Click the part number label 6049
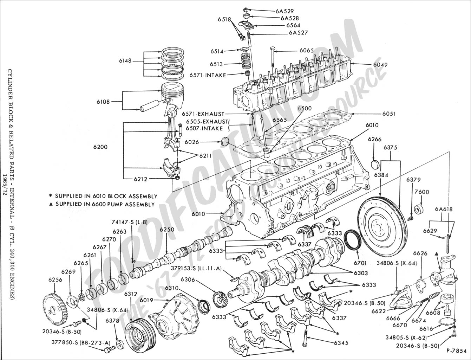click(371, 65)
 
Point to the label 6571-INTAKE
click(208, 75)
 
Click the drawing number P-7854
click(456, 351)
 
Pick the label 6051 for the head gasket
click(389, 114)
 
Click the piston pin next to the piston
click(149, 106)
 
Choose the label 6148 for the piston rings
click(125, 61)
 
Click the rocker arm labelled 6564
click(248, 25)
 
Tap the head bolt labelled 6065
click(272, 56)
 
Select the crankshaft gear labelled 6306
click(221, 299)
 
